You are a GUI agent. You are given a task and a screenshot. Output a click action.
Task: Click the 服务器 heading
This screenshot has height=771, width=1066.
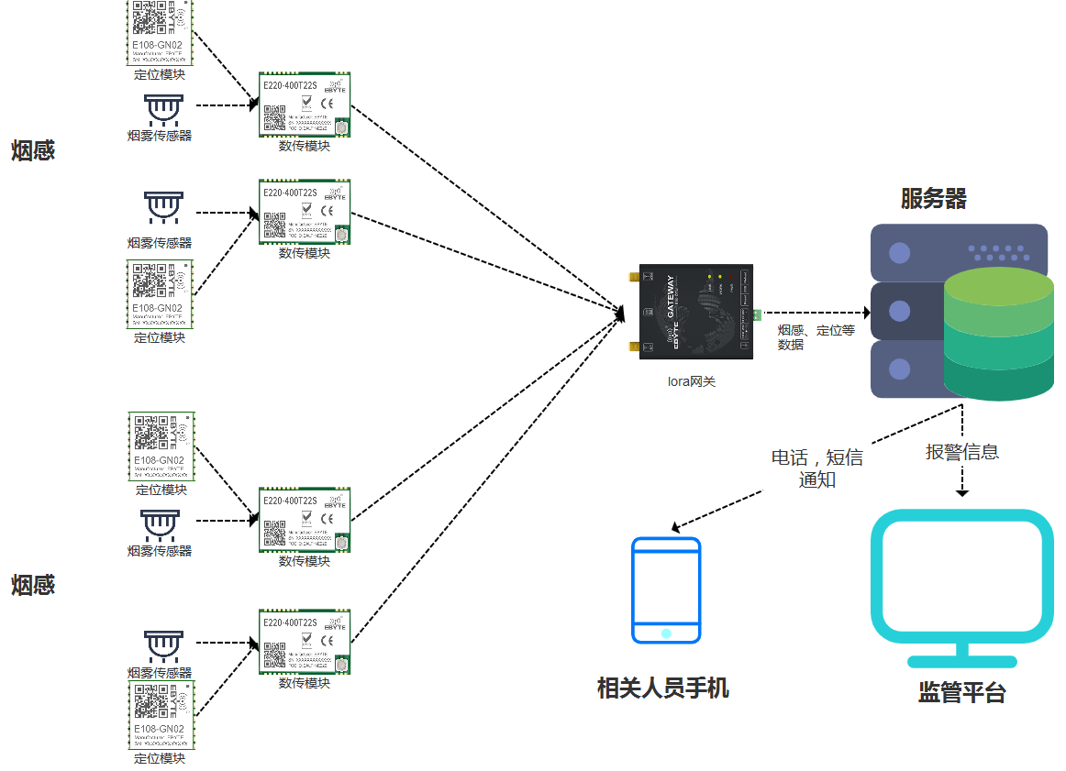tap(933, 199)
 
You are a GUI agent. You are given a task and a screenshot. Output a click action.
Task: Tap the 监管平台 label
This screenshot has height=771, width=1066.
tap(961, 693)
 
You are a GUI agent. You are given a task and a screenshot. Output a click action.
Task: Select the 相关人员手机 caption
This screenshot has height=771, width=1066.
tap(662, 688)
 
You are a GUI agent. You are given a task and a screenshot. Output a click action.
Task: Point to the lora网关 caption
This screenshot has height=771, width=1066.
tap(691, 381)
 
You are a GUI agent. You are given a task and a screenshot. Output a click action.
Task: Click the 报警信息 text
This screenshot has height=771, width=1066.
tap(961, 452)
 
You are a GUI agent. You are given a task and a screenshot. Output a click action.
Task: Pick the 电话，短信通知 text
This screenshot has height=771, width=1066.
tap(816, 468)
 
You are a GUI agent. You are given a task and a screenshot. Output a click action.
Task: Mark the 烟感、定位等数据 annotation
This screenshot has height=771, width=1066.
tap(815, 337)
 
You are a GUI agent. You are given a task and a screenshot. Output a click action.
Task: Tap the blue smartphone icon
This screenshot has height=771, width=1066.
tap(666, 590)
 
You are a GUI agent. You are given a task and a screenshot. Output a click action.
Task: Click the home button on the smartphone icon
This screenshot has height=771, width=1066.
tap(666, 633)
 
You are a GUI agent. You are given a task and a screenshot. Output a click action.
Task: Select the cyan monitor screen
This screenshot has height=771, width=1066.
tap(961, 576)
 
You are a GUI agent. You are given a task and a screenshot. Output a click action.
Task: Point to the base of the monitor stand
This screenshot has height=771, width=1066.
tap(961, 661)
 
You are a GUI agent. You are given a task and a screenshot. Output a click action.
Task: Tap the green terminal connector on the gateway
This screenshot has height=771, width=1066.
tap(758, 315)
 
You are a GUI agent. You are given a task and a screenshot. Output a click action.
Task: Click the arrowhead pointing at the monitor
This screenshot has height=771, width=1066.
tap(961, 492)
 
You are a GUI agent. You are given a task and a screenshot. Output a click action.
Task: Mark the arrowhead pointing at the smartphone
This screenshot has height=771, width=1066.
tap(676, 528)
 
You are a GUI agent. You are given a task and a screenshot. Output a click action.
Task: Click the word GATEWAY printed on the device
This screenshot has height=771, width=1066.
tap(671, 297)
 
